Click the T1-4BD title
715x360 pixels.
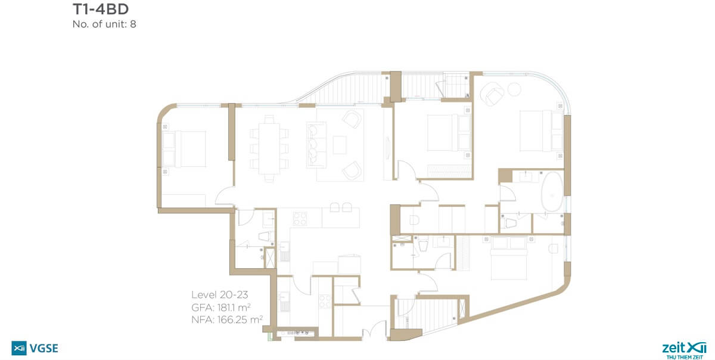click(x=101, y=10)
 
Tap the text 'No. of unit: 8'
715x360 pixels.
click(x=104, y=24)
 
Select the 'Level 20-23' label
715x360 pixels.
click(x=220, y=294)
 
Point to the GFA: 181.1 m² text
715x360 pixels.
click(x=220, y=308)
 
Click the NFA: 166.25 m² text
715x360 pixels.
click(x=227, y=319)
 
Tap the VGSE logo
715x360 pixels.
click(x=35, y=348)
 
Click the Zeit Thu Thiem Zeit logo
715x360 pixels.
click(x=685, y=350)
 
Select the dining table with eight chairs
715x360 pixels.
click(x=269, y=148)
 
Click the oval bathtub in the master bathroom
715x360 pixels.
click(x=552, y=192)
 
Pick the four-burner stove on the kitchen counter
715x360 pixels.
click(x=300, y=219)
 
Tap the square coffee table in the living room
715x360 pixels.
click(x=340, y=145)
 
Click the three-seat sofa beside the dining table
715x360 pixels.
click(x=316, y=145)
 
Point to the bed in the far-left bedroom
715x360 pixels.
click(x=184, y=149)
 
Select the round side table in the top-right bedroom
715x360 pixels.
click(x=514, y=89)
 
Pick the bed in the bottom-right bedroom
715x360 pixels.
click(x=508, y=258)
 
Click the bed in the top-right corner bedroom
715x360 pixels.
click(x=542, y=131)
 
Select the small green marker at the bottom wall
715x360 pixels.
click(x=270, y=336)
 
